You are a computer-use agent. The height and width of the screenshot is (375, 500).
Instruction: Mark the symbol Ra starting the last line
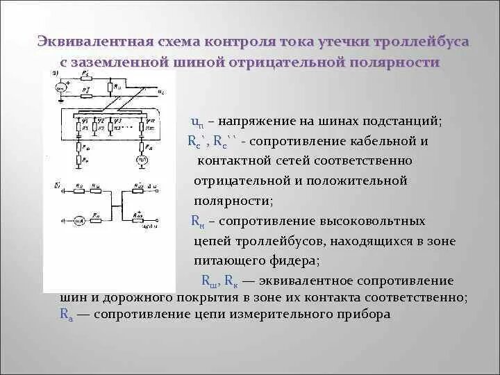[x=66, y=314]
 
